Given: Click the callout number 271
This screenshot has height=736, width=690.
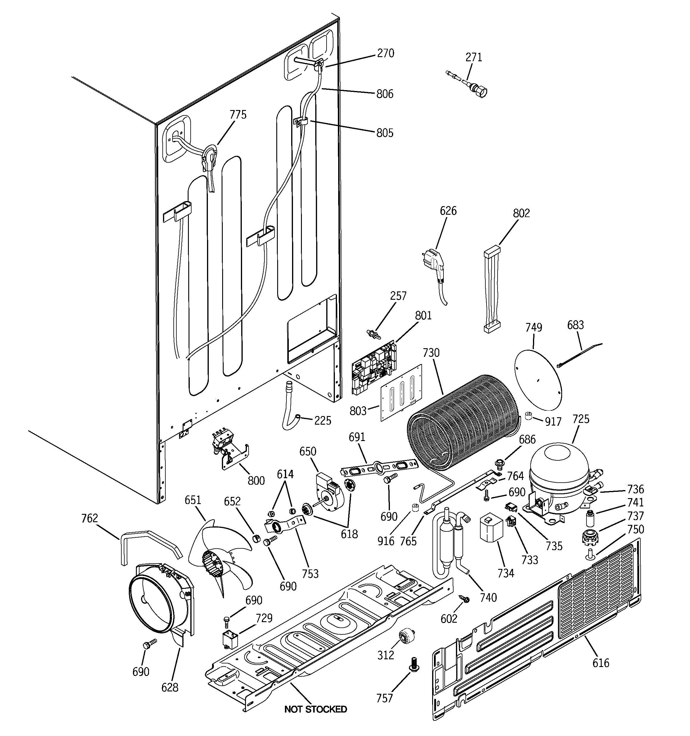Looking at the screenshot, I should (474, 57).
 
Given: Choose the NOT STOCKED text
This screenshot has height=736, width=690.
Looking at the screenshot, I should (316, 709).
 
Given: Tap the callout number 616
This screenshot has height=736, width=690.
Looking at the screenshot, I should (600, 662).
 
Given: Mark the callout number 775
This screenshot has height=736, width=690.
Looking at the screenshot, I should (238, 115).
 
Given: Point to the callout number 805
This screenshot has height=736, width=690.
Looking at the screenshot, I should (385, 133).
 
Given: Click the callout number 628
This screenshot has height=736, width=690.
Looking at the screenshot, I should (170, 688).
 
